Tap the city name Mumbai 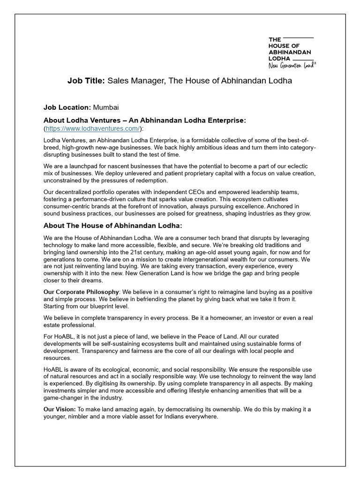point(109,107)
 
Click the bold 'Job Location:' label point(67,107)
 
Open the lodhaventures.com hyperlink point(93,128)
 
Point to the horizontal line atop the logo point(297,37)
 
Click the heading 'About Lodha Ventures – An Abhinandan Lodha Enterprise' point(144,120)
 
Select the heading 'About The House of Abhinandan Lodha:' point(112,226)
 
